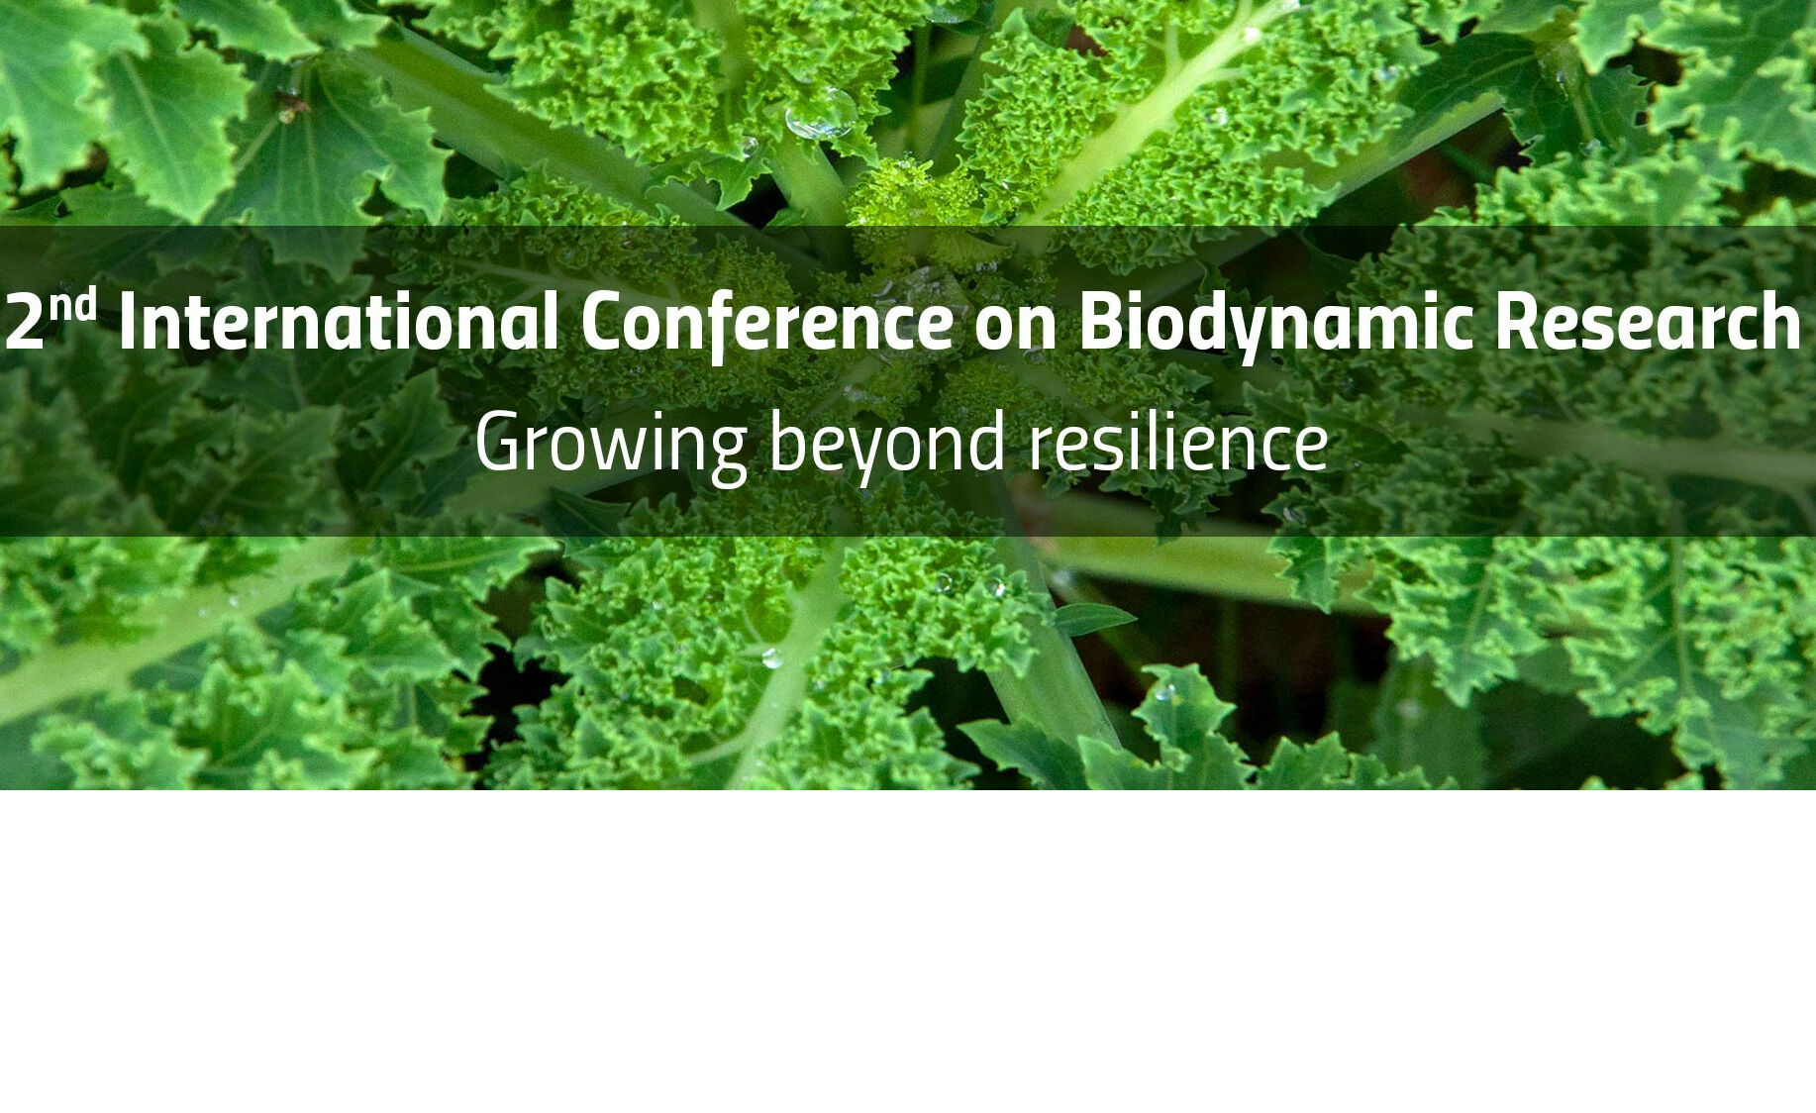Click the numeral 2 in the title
click(25, 322)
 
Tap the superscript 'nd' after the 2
click(73, 307)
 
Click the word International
click(338, 321)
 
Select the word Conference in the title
click(767, 326)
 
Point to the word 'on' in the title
click(1015, 330)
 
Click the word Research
click(1647, 323)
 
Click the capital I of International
click(127, 322)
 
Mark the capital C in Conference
click(605, 322)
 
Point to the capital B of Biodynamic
click(1101, 322)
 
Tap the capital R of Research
click(1519, 322)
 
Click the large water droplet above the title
click(821, 113)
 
